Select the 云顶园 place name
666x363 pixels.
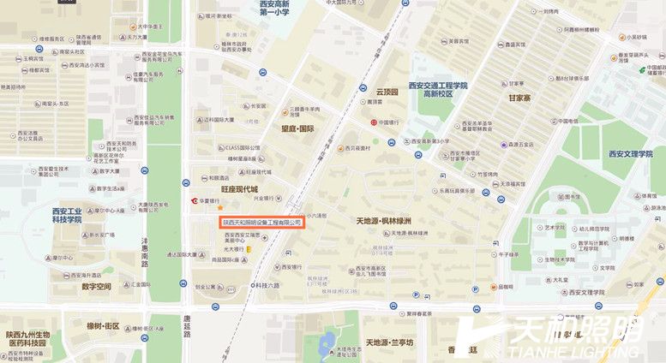(387, 92)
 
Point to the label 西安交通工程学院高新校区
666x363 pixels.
(438, 89)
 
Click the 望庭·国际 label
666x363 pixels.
(297, 129)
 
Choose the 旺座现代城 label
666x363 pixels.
(239, 188)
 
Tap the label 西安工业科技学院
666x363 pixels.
(67, 214)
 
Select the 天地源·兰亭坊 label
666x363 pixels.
(389, 342)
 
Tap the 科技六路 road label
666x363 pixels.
(268, 284)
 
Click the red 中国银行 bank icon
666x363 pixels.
(374, 122)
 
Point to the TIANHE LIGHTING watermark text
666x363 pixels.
(573, 350)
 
